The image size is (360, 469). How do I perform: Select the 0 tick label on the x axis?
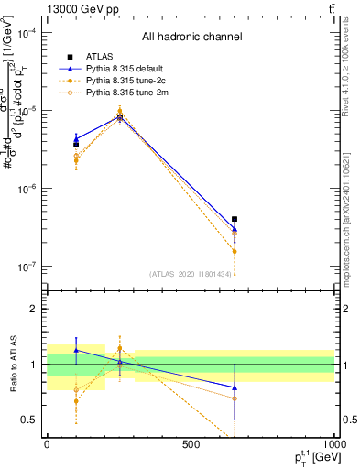coord(47,444)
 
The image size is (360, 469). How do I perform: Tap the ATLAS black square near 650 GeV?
coord(235,220)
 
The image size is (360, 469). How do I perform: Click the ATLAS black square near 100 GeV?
coord(76,145)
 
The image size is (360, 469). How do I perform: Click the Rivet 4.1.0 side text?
coord(349,73)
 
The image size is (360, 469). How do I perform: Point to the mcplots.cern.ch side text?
coord(349,229)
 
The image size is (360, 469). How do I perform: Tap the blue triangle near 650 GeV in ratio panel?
coord(235,387)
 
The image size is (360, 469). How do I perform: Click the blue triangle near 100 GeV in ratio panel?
coord(76,350)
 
